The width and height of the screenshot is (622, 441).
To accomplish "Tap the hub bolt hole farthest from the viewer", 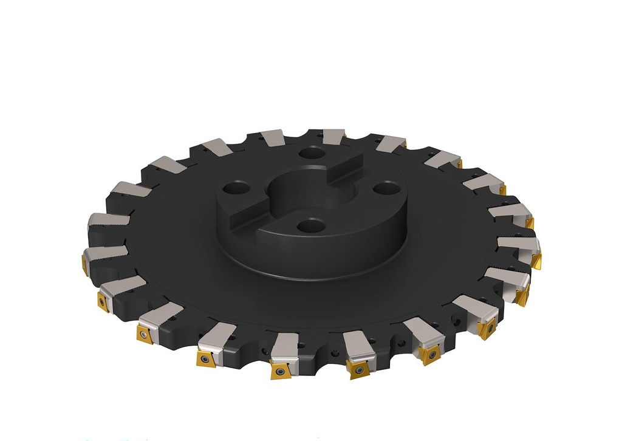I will [312, 153].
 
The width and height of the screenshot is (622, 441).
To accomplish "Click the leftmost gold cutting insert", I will [85, 264].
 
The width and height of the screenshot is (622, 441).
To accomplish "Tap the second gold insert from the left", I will [103, 301].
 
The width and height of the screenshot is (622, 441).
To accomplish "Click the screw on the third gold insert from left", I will [144, 334].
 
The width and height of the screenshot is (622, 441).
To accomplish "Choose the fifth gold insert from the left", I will [279, 371].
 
